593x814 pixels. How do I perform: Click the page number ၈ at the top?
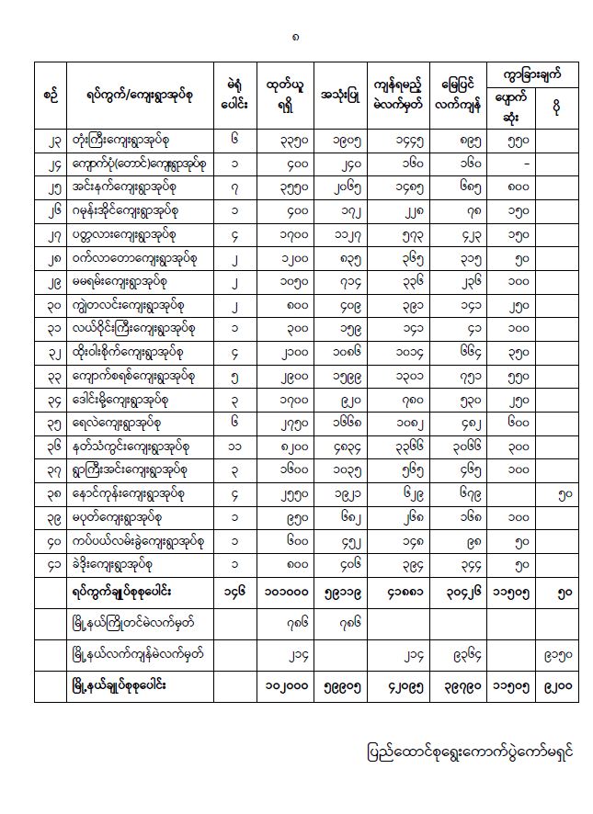(x=295, y=38)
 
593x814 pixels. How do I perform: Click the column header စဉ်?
(x=51, y=93)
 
